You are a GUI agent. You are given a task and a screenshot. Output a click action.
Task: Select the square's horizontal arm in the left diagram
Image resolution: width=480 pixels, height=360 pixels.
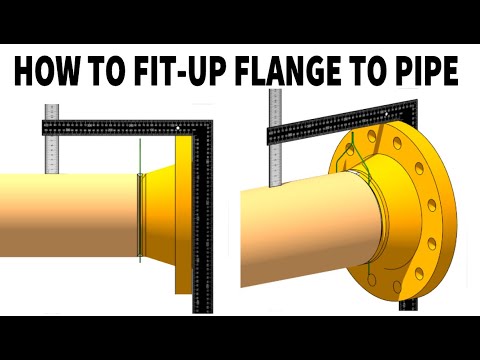coord(110,127)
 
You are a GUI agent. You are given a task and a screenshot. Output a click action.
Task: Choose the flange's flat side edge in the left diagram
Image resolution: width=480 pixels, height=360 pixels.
coord(183,215)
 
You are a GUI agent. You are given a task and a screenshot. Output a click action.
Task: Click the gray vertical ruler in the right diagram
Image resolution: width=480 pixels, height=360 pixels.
coord(274,140)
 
